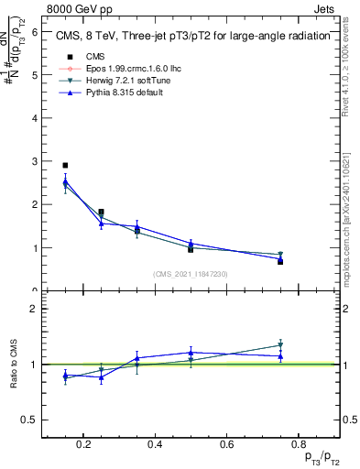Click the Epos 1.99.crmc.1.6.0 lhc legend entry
(x=119, y=69)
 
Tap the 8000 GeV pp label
(x=73, y=7)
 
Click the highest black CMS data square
(x=65, y=166)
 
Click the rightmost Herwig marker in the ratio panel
(x=280, y=345)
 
